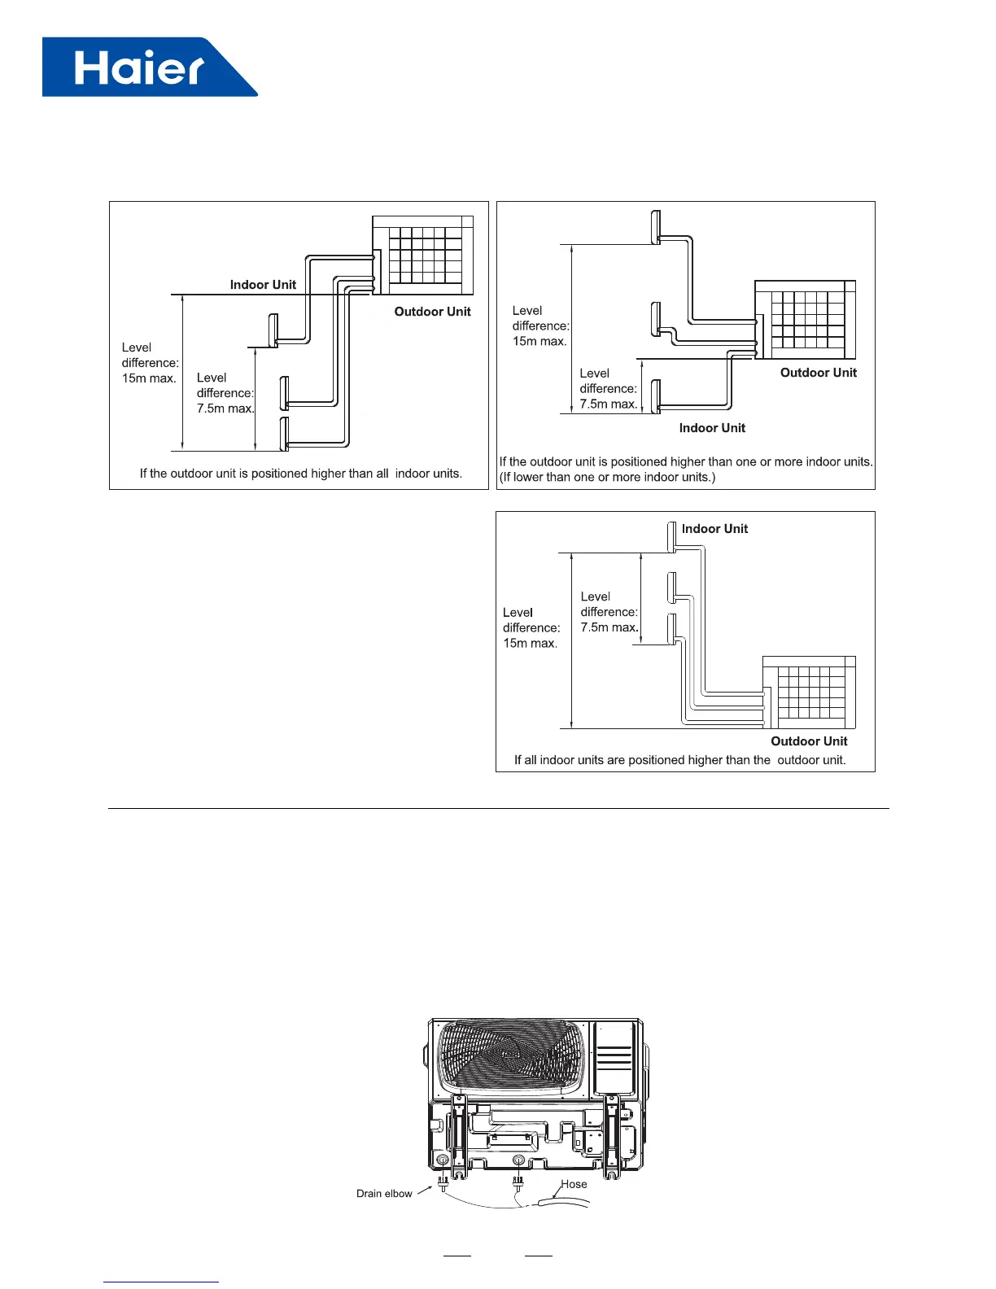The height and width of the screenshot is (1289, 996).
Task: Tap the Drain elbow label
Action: click(x=384, y=1194)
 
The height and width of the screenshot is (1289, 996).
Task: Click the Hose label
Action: click(x=574, y=1184)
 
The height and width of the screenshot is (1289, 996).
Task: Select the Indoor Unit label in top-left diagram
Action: click(x=263, y=285)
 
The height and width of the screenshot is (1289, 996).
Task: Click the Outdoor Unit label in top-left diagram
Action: click(x=432, y=312)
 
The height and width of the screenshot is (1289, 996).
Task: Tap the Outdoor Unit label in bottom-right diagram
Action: click(x=809, y=741)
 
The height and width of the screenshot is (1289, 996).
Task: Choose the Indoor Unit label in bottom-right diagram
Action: click(x=714, y=529)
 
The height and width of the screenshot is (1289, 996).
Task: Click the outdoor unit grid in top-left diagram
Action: click(x=423, y=256)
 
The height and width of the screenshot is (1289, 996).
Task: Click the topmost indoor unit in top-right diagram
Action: click(x=656, y=227)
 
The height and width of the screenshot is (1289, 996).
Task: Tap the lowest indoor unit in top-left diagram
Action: click(x=285, y=433)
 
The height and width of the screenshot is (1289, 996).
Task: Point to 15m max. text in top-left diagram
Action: click(x=149, y=378)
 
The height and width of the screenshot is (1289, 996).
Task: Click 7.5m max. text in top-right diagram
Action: click(x=608, y=404)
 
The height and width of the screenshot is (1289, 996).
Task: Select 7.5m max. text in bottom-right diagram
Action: click(x=609, y=627)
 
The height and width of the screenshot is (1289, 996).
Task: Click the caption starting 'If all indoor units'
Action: click(x=679, y=760)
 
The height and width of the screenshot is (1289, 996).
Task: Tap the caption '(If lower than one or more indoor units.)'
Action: click(x=607, y=477)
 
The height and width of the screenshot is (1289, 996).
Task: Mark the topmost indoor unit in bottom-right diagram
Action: click(x=672, y=537)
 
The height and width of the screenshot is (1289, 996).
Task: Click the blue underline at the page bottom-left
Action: click(x=161, y=1282)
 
